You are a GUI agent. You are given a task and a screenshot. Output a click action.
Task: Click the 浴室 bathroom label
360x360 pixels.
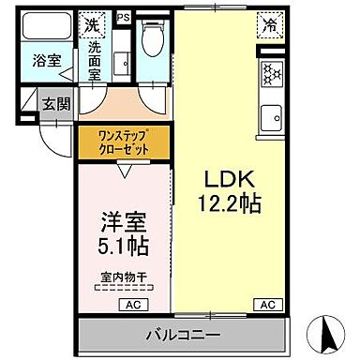click(x=46, y=61)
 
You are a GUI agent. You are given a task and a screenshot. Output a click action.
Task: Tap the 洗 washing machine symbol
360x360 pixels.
click(x=93, y=22)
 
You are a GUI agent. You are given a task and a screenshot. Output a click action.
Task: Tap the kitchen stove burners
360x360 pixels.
click(x=273, y=73)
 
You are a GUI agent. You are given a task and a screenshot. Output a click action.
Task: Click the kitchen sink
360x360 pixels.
click(x=273, y=119)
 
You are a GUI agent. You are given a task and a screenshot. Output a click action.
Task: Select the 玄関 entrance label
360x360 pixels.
click(x=55, y=102)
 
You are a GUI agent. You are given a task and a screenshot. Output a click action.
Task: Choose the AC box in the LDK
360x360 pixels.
click(x=268, y=305)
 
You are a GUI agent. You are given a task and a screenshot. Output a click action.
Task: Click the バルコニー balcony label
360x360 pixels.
click(x=183, y=335)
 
